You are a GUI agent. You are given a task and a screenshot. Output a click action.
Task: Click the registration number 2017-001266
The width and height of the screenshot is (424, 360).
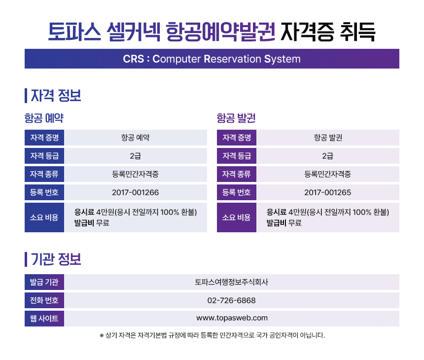[135, 192]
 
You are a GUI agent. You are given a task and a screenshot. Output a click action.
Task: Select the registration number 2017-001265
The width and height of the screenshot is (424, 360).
[327, 192]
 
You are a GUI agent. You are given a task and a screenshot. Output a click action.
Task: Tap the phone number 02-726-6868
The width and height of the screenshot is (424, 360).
[231, 300]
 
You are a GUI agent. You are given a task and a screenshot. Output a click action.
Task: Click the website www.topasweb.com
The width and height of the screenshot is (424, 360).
[232, 318]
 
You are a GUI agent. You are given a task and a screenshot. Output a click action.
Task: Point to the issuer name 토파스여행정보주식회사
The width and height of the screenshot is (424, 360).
[231, 282]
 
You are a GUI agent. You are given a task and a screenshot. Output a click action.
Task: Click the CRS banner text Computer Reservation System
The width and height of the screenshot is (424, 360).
[226, 59]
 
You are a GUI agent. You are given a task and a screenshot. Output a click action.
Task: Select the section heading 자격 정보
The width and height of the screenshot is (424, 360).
[56, 96]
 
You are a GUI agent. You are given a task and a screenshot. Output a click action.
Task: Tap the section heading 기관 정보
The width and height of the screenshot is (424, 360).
[56, 259]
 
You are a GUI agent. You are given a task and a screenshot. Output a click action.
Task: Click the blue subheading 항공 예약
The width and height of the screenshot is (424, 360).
[44, 118]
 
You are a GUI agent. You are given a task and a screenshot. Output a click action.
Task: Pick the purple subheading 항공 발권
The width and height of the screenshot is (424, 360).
[236, 118]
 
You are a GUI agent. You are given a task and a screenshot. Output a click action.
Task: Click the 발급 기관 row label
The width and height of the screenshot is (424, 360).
[44, 282]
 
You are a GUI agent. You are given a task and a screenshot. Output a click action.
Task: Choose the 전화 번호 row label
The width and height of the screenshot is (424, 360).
[44, 300]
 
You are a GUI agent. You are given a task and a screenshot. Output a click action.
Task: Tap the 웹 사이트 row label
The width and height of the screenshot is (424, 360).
[44, 319]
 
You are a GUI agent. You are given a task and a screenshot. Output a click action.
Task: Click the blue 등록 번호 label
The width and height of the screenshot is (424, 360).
[44, 192]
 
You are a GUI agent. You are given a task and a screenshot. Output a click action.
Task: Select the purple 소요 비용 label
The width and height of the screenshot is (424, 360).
[236, 217]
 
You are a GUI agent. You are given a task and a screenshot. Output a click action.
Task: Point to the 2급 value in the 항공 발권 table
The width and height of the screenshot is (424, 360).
[327, 156]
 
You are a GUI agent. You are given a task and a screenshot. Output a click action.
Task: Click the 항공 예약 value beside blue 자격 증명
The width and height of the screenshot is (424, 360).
[135, 138]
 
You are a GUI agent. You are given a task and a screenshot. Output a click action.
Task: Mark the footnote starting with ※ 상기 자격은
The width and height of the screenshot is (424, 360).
[212, 335]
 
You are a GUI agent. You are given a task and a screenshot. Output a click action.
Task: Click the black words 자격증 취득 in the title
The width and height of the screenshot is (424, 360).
[328, 32]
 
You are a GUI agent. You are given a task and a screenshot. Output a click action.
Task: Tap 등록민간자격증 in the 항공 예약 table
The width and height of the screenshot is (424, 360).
[135, 174]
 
